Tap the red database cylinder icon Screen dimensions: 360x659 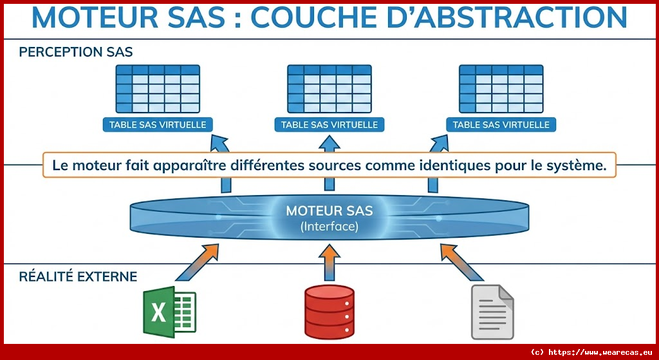pyautogui.click(x=329, y=312)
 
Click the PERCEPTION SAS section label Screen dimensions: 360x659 pyautogui.click(x=76, y=52)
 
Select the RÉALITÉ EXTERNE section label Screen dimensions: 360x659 pyautogui.click(x=78, y=277)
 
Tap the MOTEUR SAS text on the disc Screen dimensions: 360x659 pyautogui.click(x=329, y=211)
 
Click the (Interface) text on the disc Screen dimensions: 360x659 pyautogui.click(x=329, y=227)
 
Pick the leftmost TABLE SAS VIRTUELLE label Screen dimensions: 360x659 pyautogui.click(x=158, y=124)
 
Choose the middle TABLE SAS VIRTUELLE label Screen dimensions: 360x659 pyautogui.click(x=329, y=124)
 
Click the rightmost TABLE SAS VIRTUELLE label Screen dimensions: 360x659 pyautogui.click(x=501, y=124)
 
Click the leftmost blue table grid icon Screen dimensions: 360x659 pyautogui.click(x=158, y=88)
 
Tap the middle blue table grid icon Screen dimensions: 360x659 pyautogui.click(x=329, y=88)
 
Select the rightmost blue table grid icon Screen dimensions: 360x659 pyautogui.click(x=501, y=88)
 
